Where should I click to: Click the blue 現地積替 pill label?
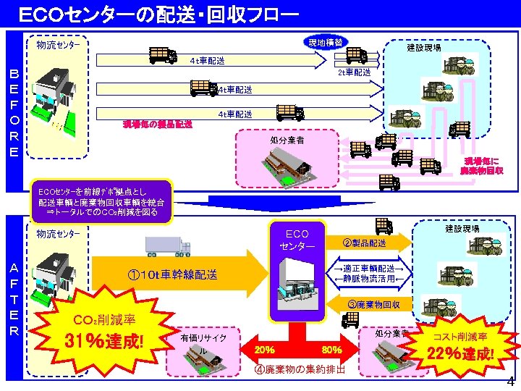click(x=325, y=41)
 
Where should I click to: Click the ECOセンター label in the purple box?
click(x=297, y=240)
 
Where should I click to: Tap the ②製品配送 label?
click(x=366, y=243)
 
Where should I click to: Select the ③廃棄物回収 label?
click(x=371, y=304)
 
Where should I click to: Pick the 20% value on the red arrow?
click(x=264, y=350)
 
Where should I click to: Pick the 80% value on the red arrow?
click(x=332, y=350)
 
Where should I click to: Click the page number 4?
click(x=510, y=382)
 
